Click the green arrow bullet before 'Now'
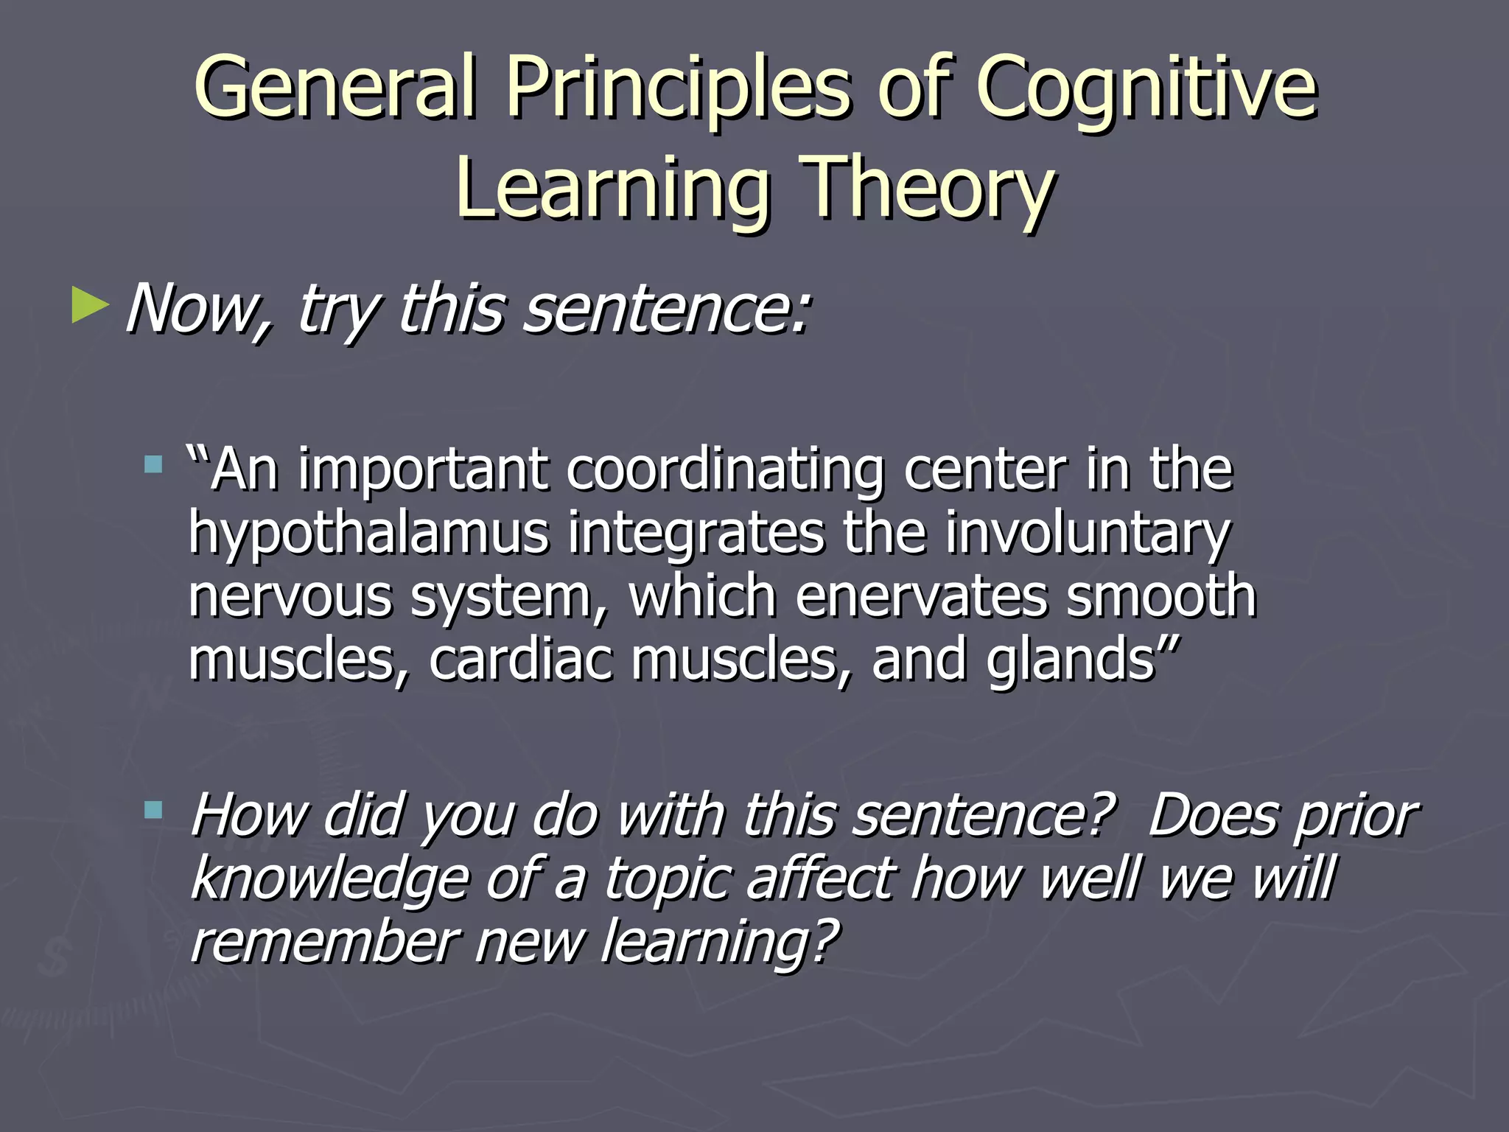(x=90, y=307)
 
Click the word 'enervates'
(x=921, y=595)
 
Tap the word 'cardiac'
(x=520, y=659)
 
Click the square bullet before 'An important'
(x=153, y=464)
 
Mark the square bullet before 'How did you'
(x=153, y=811)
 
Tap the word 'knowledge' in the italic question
(x=329, y=880)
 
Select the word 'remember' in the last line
(x=324, y=942)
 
